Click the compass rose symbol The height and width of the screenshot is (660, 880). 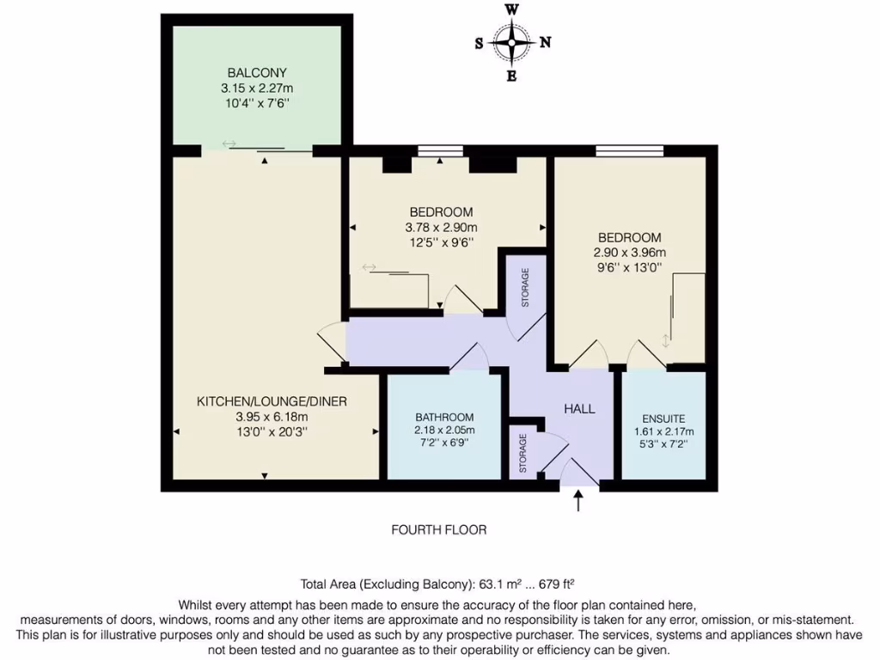[x=511, y=42]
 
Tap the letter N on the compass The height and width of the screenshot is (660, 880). [x=545, y=42]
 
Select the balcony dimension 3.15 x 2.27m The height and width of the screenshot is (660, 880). [x=257, y=89]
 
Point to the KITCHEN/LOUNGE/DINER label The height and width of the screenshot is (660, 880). [x=272, y=401]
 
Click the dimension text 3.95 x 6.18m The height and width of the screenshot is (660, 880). [x=272, y=417]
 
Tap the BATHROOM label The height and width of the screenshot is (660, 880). [x=444, y=417]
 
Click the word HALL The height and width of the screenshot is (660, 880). [x=579, y=409]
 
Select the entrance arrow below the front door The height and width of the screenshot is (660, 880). [x=577, y=500]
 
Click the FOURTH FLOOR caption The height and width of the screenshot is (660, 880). [x=439, y=530]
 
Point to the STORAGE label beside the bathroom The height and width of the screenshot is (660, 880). [x=523, y=453]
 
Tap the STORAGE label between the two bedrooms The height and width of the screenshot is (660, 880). [x=526, y=288]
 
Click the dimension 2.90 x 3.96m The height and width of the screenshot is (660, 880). [x=629, y=253]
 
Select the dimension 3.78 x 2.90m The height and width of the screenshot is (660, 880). [x=441, y=228]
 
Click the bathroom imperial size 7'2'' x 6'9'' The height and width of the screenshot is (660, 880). [x=444, y=444]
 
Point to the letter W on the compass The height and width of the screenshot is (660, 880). [x=511, y=9]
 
